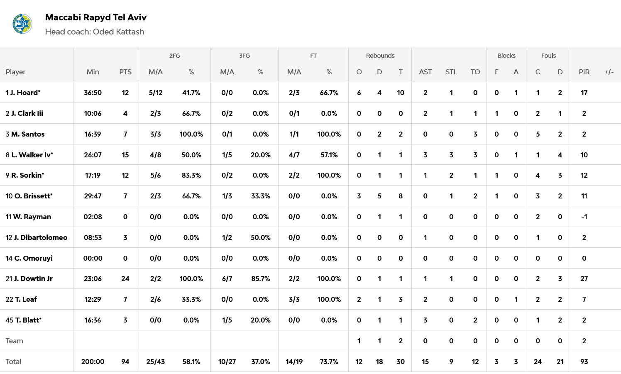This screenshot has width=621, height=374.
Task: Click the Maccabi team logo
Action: coord(22,24)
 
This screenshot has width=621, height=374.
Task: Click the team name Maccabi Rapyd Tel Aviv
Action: coord(95,17)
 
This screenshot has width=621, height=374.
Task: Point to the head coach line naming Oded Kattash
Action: coord(95,32)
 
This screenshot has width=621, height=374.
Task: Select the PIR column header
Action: coord(584,72)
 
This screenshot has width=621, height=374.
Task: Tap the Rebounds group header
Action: coord(380,56)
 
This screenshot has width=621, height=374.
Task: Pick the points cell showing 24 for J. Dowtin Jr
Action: coord(125,279)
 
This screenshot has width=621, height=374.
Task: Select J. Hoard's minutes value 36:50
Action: coord(93,93)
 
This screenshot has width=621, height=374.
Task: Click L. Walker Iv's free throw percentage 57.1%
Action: coord(329,155)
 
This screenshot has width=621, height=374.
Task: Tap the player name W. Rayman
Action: coord(28,217)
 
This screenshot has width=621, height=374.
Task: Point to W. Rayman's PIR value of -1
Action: coord(584,217)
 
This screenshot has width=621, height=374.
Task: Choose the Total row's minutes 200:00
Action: coord(93,362)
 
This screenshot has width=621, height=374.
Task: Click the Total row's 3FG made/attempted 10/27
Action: coord(227,362)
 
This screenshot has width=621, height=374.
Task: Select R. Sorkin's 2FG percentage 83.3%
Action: coord(191,175)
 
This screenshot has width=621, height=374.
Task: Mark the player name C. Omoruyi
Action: coord(29,258)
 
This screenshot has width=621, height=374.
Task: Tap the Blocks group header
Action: coord(506,56)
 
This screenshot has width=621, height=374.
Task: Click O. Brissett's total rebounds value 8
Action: coord(400,196)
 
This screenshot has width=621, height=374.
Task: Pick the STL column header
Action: coord(451,72)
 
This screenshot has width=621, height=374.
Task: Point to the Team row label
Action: coord(15,341)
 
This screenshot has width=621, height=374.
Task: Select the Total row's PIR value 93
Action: coord(584,362)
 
